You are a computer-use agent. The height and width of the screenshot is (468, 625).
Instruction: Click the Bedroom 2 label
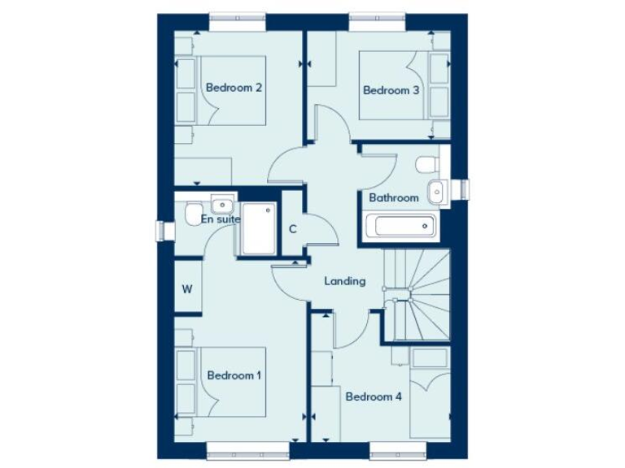233,88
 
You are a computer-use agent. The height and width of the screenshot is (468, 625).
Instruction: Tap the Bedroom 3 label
391,90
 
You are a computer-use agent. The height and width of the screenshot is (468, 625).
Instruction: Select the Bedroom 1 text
234,375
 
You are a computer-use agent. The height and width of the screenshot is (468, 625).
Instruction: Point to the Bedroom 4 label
374,397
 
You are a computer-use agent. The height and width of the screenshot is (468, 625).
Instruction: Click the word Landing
345,282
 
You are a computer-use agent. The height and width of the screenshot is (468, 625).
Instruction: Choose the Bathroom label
394,197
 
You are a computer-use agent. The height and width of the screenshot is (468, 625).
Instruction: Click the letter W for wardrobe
186,288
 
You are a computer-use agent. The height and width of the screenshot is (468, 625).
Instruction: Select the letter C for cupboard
292,229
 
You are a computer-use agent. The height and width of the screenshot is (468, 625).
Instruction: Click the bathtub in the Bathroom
399,225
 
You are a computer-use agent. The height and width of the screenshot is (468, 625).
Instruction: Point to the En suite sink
221,203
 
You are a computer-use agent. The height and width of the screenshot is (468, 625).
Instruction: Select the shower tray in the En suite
257,230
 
